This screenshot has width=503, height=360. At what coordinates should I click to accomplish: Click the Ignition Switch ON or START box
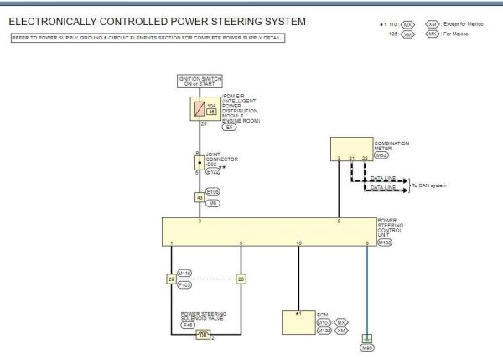(x=199, y=81)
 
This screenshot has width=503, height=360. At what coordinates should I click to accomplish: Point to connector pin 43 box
(x=199, y=197)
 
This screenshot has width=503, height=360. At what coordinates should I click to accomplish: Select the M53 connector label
(x=382, y=155)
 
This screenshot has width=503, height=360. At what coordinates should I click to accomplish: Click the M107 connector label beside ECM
(x=324, y=322)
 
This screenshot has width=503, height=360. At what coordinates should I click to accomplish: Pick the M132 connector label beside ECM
(x=324, y=331)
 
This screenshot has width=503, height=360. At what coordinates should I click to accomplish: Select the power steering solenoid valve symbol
(x=201, y=334)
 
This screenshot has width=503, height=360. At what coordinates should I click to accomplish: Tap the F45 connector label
(x=200, y=324)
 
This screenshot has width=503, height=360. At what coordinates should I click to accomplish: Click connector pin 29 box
(x=171, y=278)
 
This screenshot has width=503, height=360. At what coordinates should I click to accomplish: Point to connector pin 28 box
(x=241, y=278)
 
